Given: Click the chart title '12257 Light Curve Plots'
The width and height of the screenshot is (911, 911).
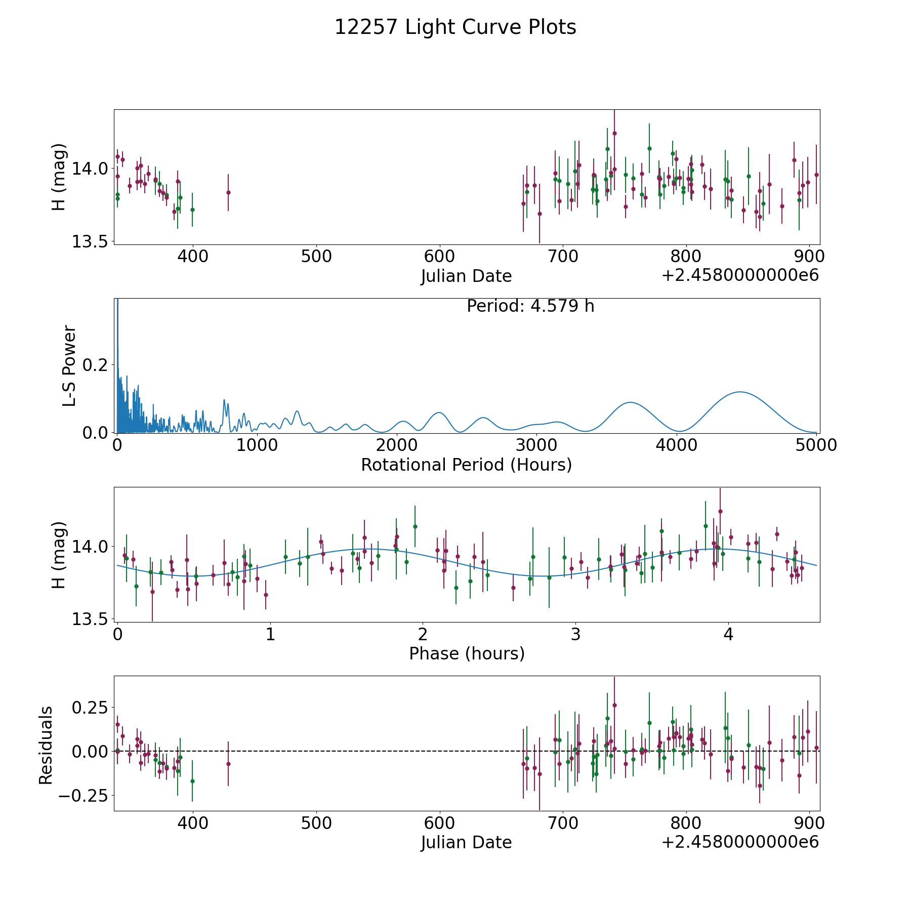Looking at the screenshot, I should point(455,27).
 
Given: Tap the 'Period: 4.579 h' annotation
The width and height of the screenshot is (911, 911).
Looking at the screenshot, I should point(530,306).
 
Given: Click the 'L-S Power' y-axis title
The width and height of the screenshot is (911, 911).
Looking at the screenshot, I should point(69,366).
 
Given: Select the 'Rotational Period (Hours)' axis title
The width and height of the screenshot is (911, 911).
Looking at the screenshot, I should point(466,465).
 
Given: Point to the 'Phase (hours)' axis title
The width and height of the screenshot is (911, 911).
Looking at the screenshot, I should point(466,653).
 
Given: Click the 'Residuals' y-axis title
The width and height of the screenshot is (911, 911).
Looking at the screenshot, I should point(46,745).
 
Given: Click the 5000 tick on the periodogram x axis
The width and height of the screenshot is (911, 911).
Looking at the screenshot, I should point(816,445).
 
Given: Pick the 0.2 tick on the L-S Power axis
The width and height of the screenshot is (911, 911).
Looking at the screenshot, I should point(96,365).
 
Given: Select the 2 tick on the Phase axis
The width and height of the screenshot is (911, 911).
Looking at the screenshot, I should point(423,634).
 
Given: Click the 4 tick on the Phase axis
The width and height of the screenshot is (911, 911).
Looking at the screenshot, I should point(728,634).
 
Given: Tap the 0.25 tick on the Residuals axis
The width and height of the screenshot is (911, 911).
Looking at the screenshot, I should point(90,707).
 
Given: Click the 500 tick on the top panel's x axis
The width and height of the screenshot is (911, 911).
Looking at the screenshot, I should point(316,256).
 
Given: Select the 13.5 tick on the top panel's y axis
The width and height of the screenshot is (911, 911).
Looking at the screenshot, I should point(90,242).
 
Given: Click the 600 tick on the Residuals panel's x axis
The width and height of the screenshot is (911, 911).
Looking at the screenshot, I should point(439,822).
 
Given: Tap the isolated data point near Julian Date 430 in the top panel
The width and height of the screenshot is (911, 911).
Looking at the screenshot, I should point(228,192).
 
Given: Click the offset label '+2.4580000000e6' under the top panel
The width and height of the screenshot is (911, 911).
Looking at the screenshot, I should point(740,275).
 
